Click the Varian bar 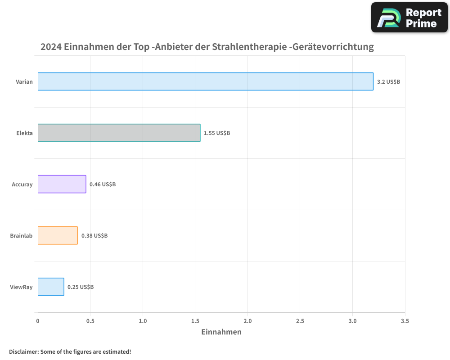point(205,81)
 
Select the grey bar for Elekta point(119,133)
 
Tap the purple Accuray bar point(62,184)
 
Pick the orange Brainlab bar point(58,235)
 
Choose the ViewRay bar point(51,287)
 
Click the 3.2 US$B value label point(388,82)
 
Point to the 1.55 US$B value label point(217,133)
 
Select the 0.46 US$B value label point(103,184)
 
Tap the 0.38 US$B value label point(94,236)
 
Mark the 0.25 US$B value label point(81,287)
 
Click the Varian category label point(24,82)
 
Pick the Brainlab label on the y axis point(22,236)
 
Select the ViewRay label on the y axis point(22,287)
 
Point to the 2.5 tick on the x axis point(300,321)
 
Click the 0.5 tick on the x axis point(90,321)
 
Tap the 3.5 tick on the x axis point(405,321)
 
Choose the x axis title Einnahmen point(221,332)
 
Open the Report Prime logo point(409,18)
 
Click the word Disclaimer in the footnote point(23,351)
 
